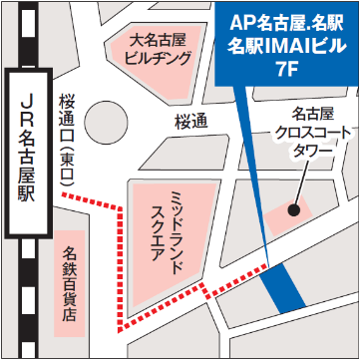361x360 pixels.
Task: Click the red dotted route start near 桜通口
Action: pyautogui.click(x=65, y=195)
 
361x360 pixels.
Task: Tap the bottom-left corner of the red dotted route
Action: pyautogui.click(x=123, y=327)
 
